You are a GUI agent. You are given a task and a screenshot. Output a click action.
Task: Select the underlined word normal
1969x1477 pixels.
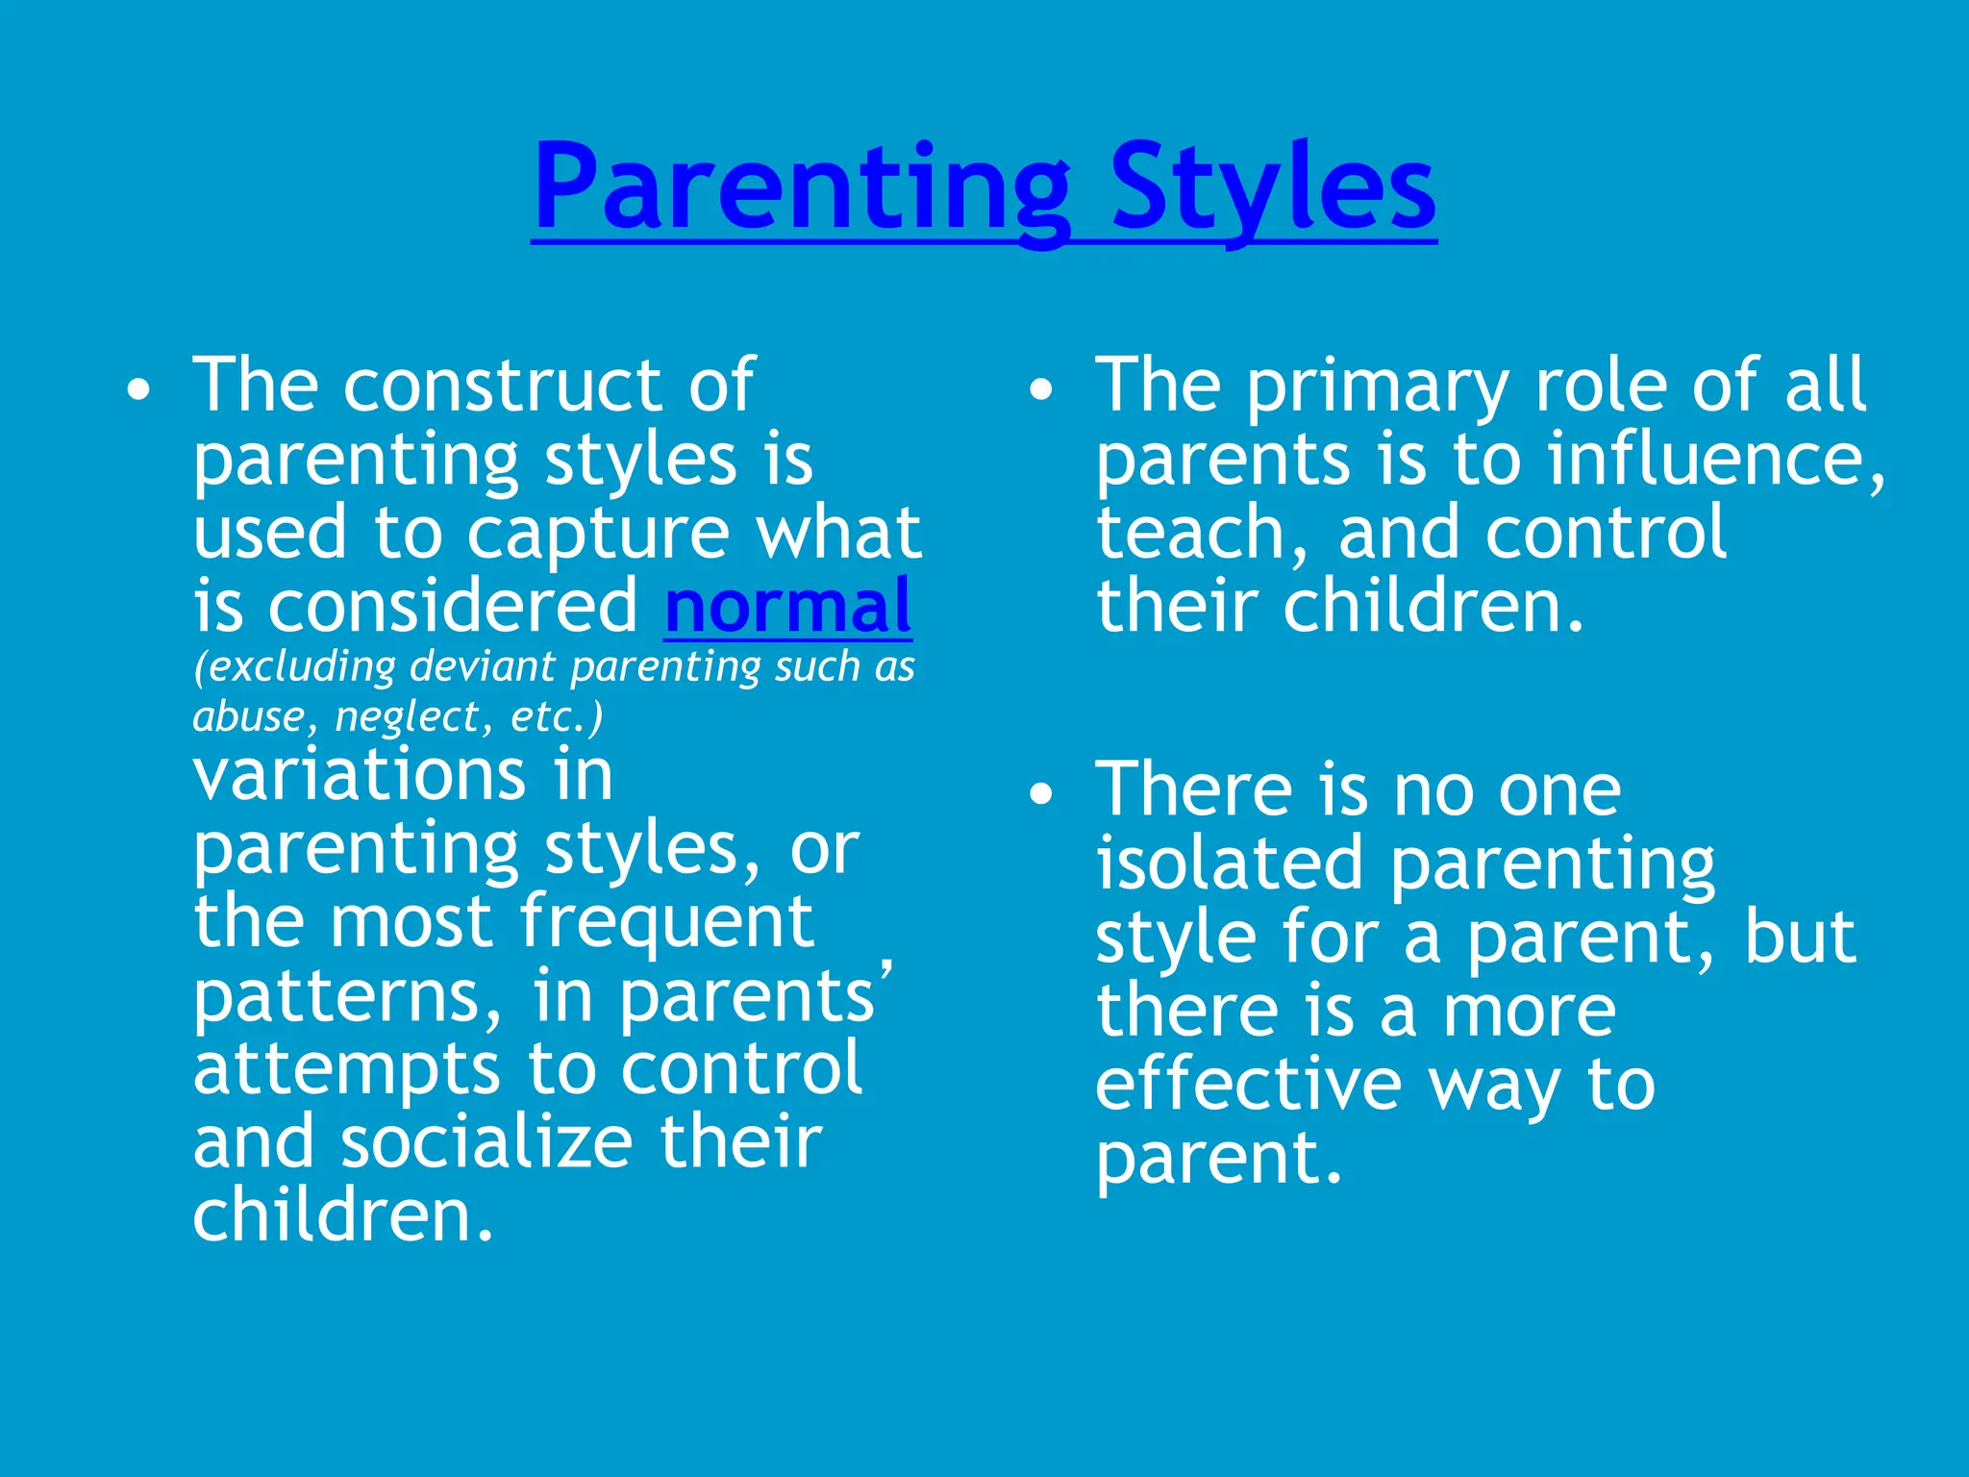tap(787, 607)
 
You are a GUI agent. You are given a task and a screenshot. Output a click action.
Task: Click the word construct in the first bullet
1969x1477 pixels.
tap(503, 386)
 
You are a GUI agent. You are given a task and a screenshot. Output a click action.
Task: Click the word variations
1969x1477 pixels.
tap(360, 775)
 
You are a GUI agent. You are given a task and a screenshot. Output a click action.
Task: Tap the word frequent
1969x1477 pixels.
tap(666, 921)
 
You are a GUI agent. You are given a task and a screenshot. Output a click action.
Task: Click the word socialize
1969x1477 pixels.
tap(486, 1141)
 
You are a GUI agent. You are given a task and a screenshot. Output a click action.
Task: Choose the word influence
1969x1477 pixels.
tap(1713, 459)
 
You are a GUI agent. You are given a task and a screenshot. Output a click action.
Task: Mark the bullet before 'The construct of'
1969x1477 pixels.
tap(139, 390)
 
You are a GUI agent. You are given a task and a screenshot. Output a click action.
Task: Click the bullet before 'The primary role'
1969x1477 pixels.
tap(1041, 390)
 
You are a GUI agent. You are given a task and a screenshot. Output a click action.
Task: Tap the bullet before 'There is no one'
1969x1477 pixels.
tap(1041, 794)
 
